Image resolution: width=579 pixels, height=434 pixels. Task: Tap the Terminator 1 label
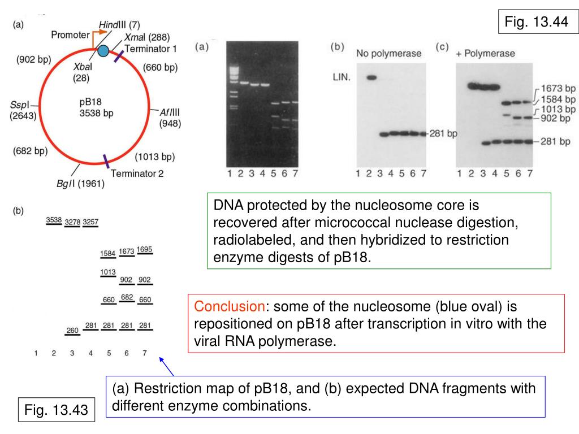click(x=151, y=49)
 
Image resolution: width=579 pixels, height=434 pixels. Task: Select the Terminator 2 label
click(x=137, y=173)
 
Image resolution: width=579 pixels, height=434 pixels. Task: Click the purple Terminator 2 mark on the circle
click(x=106, y=160)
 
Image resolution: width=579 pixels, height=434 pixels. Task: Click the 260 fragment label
click(x=72, y=330)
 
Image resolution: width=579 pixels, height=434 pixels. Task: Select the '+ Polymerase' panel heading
click(x=485, y=54)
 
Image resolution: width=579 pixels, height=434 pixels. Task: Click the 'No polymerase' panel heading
click(x=388, y=54)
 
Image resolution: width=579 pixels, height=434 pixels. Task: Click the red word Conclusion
click(x=229, y=306)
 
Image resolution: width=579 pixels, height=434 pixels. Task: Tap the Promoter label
click(x=70, y=35)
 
